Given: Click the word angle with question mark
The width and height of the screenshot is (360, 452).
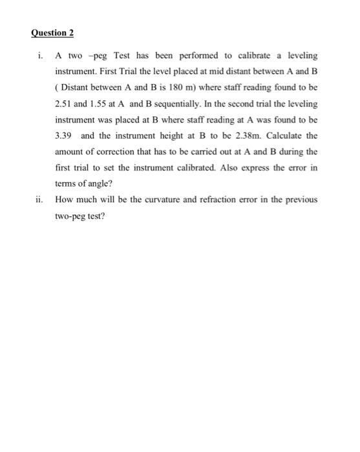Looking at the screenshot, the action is tap(98, 183).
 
